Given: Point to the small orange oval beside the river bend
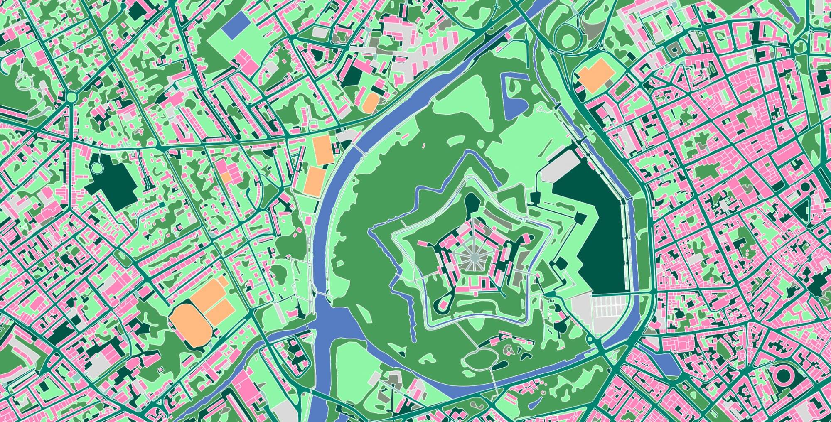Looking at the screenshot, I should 370,102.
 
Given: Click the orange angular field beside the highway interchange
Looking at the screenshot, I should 596,75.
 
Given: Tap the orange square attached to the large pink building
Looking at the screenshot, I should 226,177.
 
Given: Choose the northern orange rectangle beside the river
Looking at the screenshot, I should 322,150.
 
